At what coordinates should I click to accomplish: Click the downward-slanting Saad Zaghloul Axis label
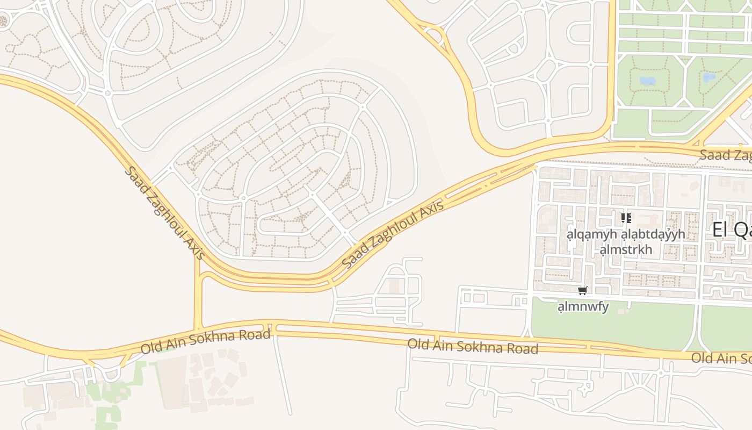click(x=164, y=213)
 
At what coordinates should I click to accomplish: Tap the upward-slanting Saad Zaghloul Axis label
click(x=393, y=234)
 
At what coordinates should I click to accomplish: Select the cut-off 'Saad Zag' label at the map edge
click(x=725, y=155)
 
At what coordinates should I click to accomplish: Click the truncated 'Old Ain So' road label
click(x=721, y=358)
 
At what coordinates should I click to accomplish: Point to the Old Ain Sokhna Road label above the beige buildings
click(x=205, y=342)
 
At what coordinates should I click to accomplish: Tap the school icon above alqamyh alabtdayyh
click(x=626, y=218)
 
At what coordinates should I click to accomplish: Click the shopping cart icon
click(x=582, y=291)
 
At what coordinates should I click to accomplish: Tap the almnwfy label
click(x=583, y=307)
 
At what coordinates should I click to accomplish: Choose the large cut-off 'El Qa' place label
click(x=732, y=230)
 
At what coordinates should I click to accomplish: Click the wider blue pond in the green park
click(x=647, y=81)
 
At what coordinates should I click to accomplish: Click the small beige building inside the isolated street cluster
click(x=395, y=286)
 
